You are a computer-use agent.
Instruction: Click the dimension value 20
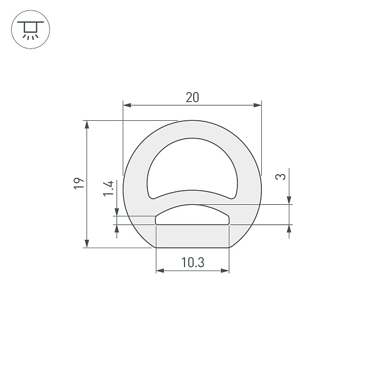[192, 97]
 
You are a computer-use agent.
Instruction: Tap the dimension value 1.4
[109, 188]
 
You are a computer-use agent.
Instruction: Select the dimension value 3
[280, 177]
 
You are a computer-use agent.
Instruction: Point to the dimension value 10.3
[192, 263]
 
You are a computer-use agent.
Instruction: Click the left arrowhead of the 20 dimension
[127, 105]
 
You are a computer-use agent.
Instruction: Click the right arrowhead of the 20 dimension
[258, 105]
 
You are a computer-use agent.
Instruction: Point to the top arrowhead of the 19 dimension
[87, 125]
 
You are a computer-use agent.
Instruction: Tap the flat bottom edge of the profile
[192, 247]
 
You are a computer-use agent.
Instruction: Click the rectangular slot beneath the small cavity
[192, 236]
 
